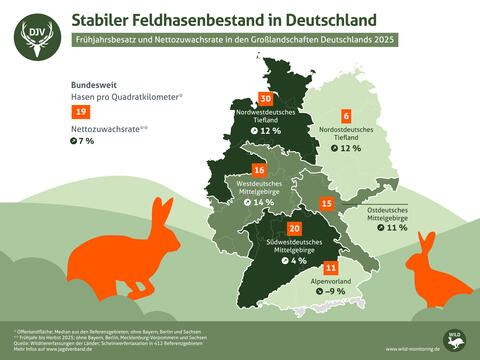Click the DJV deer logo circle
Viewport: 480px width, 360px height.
coord(35,37)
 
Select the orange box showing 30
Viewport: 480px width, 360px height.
coord(265,98)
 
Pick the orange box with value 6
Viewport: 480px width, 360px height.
coord(346,117)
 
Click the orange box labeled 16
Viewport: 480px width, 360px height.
coord(259,169)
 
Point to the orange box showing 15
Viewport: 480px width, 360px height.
coord(327,204)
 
